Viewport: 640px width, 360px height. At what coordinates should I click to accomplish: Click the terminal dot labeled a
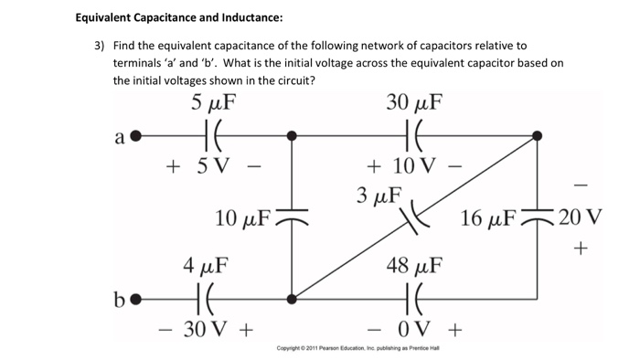click(x=136, y=136)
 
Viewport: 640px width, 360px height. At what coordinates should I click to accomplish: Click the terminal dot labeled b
click(x=136, y=298)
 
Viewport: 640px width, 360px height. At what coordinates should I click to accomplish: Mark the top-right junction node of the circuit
click(x=537, y=136)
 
